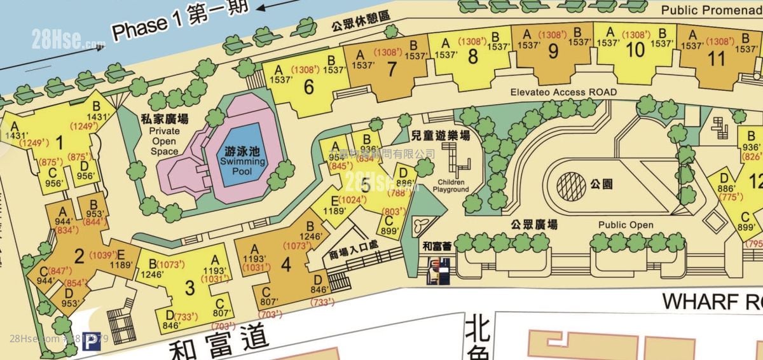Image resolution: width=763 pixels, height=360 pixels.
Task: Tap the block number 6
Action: coord(309,87)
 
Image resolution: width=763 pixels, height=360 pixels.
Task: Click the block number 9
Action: coord(553,50)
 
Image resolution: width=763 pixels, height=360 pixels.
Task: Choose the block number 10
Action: coord(635,50)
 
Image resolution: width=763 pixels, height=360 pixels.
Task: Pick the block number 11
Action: coord(717,59)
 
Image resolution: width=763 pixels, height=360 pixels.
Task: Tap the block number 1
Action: coord(59,141)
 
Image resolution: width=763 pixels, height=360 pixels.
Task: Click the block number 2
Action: coord(79,256)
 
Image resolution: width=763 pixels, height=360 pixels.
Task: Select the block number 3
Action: coord(189,287)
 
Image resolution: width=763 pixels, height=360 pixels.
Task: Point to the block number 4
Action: coord(285,264)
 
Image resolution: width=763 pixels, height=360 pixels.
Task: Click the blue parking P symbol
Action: coord(93,342)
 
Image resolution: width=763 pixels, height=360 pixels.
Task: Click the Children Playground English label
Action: coord(451,186)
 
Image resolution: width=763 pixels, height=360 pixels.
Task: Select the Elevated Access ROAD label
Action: coord(563,92)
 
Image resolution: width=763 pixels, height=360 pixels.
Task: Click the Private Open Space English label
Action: coord(165,141)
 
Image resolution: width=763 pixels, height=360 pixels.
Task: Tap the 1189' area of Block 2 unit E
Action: coord(121,265)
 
